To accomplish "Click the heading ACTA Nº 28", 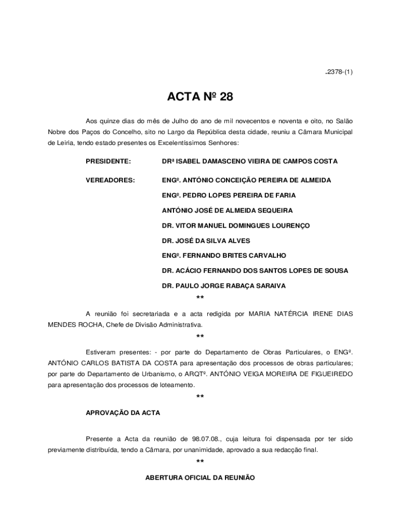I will pyautogui.click(x=200, y=97).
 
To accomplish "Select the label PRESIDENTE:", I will pyautogui.click(x=109, y=162).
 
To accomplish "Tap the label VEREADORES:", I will pyautogui.click(x=110, y=180).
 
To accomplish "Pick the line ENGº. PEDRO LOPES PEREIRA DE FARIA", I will pyautogui.click(x=229, y=195).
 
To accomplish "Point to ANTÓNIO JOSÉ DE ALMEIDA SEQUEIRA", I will pyautogui.click(x=227, y=210).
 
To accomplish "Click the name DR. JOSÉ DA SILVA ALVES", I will pyautogui.click(x=206, y=241).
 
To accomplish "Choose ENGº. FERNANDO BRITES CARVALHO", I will pyautogui.click(x=224, y=256).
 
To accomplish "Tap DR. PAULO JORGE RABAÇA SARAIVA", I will pyautogui.click(x=223, y=286).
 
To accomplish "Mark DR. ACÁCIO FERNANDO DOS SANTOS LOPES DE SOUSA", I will pyautogui.click(x=255, y=271).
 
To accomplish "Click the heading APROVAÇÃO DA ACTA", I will pyautogui.click(x=123, y=413).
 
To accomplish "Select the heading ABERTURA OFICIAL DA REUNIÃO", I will pyautogui.click(x=200, y=477).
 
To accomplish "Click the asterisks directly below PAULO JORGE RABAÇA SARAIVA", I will pyautogui.click(x=200, y=298).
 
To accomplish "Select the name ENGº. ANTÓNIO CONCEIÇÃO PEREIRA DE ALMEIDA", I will pyautogui.click(x=246, y=180).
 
